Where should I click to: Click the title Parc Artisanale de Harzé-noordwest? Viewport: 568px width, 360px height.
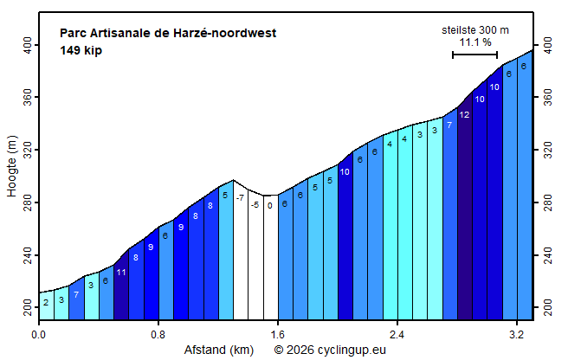pos(168,34)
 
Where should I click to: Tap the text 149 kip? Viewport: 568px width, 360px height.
pos(81,50)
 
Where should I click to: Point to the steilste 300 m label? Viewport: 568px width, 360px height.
pos(474,30)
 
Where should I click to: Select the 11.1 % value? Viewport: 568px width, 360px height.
pos(474,42)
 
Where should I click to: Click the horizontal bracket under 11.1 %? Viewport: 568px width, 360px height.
pos(474,55)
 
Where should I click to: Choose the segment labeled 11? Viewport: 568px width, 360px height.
pos(121,286)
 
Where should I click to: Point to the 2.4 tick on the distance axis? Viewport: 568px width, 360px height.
pos(397,333)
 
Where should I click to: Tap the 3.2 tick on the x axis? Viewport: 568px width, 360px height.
pos(517,333)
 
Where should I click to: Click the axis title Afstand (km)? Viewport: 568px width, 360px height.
pos(218,350)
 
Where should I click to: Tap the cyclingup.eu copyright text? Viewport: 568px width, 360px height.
pos(330,350)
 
